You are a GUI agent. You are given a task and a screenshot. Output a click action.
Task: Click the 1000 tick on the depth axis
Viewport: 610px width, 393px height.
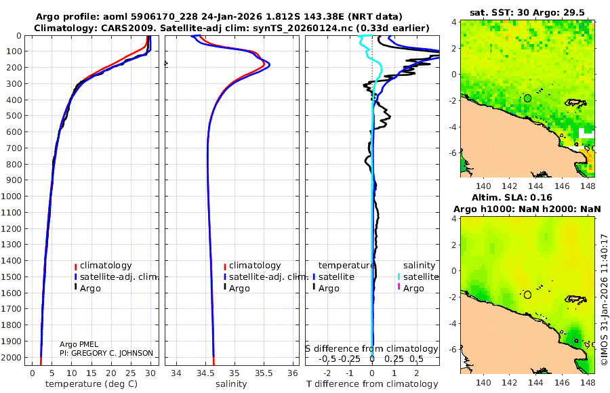14,196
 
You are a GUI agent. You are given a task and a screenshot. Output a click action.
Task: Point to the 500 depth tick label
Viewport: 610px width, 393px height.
14,116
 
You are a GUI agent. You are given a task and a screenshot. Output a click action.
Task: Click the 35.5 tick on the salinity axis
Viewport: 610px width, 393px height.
263,373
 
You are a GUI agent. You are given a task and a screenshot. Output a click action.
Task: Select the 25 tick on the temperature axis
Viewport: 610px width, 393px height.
130,373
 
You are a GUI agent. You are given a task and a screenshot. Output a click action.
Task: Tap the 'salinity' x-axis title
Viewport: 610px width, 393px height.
232,384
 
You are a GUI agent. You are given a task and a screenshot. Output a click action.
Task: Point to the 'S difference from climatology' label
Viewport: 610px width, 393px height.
371,349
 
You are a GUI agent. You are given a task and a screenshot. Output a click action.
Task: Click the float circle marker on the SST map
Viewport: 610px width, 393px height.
527,98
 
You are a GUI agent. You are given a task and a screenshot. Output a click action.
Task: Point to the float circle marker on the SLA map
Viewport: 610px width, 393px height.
527,295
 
